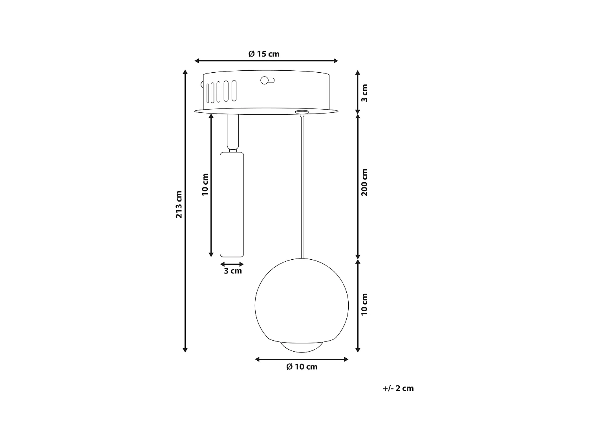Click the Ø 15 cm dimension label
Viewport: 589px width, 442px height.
pyautogui.click(x=264, y=54)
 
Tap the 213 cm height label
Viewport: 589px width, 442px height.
pyautogui.click(x=179, y=205)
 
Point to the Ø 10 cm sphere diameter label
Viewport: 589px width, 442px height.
pyautogui.click(x=302, y=367)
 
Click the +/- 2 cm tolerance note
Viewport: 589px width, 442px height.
pyautogui.click(x=398, y=388)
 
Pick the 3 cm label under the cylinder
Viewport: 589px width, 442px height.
pyautogui.click(x=232, y=271)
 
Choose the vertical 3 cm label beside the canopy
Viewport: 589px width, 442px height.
pyautogui.click(x=365, y=93)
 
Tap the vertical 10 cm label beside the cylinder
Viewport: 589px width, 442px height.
pyautogui.click(x=205, y=185)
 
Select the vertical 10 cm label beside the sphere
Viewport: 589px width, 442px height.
pyautogui.click(x=365, y=304)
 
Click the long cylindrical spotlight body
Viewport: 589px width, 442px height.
pyautogui.click(x=232, y=204)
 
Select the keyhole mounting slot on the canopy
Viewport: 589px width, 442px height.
pyautogui.click(x=267, y=81)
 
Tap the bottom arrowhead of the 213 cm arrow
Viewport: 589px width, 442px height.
pyautogui.click(x=185, y=349)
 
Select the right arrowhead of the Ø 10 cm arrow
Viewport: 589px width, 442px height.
pyautogui.click(x=346, y=359)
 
